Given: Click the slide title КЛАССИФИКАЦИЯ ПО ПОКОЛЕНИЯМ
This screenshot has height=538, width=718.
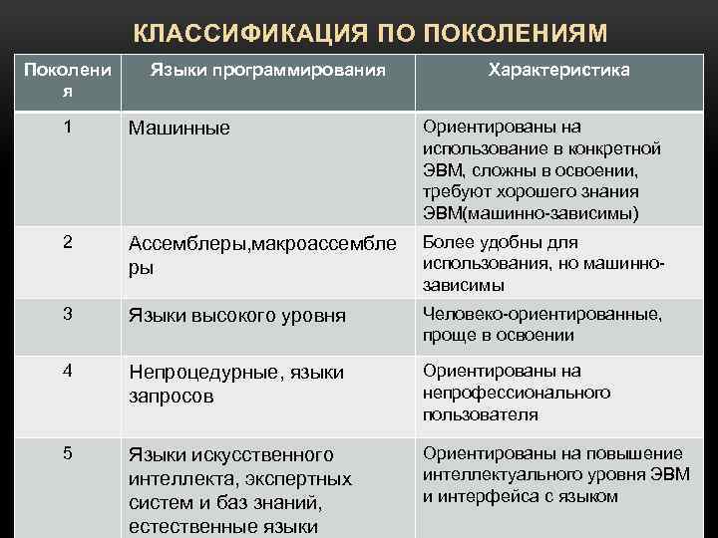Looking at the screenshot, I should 370,33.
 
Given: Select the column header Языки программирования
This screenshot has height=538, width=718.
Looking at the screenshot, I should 267,71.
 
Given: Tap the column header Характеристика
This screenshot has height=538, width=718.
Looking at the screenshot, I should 558,71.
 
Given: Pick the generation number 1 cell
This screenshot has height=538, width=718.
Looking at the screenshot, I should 67,128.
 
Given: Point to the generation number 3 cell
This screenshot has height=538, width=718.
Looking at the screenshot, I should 67,314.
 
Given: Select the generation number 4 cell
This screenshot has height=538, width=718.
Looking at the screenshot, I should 67,371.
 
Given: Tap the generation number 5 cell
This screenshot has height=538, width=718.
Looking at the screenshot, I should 67,453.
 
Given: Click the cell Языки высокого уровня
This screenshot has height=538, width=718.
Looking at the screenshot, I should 237,316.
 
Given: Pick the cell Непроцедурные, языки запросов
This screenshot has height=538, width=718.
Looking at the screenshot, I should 236,384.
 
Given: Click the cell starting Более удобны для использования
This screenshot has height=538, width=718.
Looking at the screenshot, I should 543,264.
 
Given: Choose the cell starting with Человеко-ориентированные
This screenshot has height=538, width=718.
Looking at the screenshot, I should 542,325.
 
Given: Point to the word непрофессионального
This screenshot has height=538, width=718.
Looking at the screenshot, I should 517,393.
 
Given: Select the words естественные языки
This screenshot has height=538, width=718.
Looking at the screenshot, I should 223,527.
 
